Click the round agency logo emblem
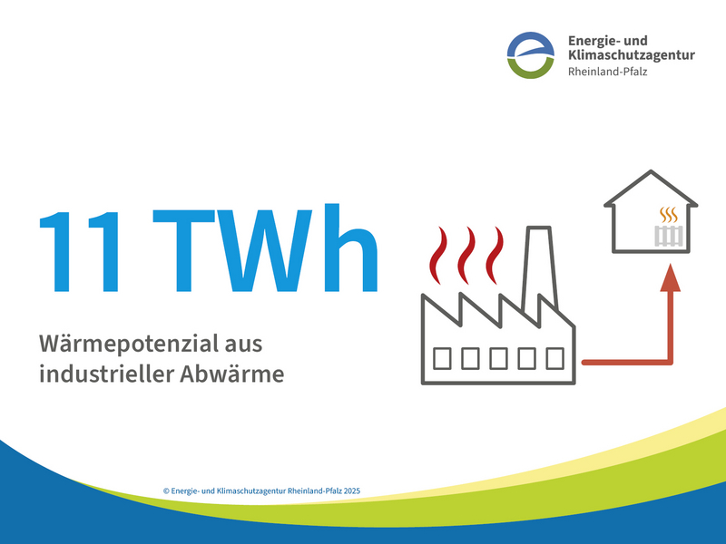(530, 55)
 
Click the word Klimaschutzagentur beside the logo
(631, 54)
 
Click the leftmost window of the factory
(443, 358)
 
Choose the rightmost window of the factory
(554, 358)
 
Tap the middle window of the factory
(498, 358)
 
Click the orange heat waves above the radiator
(668, 215)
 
